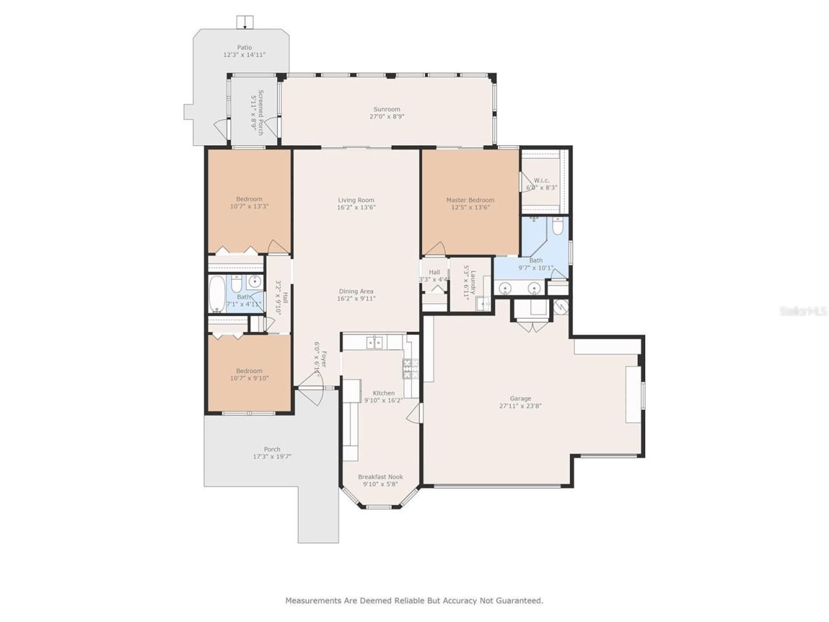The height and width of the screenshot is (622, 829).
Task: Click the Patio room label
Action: [x=244, y=47]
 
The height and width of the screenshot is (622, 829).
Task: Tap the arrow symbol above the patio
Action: [x=245, y=23]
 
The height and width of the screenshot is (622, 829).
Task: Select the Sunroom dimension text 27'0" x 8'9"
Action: [x=387, y=117]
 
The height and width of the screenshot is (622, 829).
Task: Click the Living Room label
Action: [x=356, y=200]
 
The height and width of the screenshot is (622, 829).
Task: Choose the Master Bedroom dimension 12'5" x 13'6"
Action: [x=470, y=208]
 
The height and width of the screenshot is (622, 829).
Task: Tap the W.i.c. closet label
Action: [x=542, y=180]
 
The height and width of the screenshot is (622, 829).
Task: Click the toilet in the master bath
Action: [x=558, y=226]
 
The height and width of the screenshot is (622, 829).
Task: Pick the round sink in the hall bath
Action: [x=255, y=282]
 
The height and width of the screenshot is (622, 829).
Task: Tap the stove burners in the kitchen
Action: [x=409, y=369]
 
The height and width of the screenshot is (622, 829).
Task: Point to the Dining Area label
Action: [x=356, y=292]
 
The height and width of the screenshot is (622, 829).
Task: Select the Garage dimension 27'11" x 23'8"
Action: [x=520, y=406]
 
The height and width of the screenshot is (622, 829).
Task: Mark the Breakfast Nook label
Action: [x=380, y=477]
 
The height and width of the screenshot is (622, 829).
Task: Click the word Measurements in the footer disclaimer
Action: [x=313, y=601]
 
